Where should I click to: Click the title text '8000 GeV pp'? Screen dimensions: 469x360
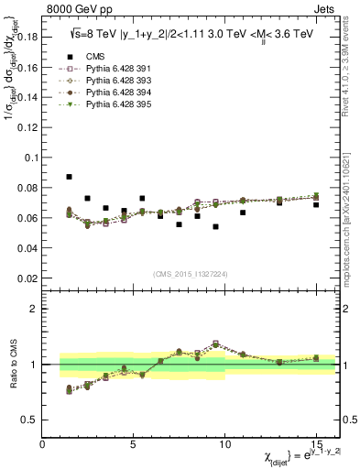pyautogui.click(x=78, y=11)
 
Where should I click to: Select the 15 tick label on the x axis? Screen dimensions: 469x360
pyautogui.click(x=315, y=443)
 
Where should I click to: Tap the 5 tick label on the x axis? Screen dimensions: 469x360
pyautogui.click(x=134, y=443)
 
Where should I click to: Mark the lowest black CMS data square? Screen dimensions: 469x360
pyautogui.click(x=215, y=226)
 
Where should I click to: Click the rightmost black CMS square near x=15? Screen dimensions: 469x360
pyautogui.click(x=316, y=204)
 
